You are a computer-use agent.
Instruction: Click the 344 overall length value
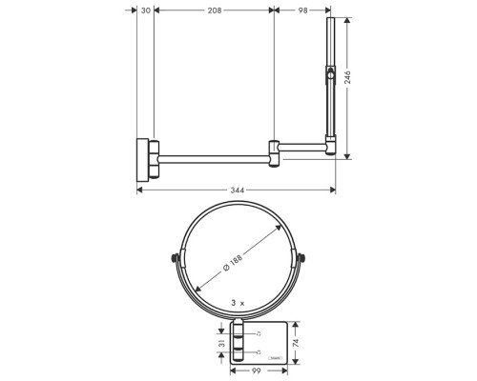(238, 190)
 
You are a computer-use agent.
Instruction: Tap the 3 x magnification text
(238, 303)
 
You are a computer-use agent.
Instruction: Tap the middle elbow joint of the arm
(276, 149)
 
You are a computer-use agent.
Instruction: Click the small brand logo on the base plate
(276, 358)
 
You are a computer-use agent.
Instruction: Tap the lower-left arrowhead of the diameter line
(197, 291)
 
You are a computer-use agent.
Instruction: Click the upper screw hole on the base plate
(259, 332)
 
